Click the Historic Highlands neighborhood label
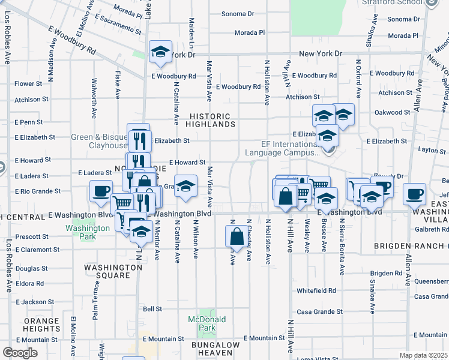coord(209,120)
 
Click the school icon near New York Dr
coord(160,52)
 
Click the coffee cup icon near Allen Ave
coord(414,194)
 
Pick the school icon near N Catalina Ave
coord(185,186)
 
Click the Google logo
coord(20,353)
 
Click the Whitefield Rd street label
coord(316,290)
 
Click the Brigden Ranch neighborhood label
coord(411,247)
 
